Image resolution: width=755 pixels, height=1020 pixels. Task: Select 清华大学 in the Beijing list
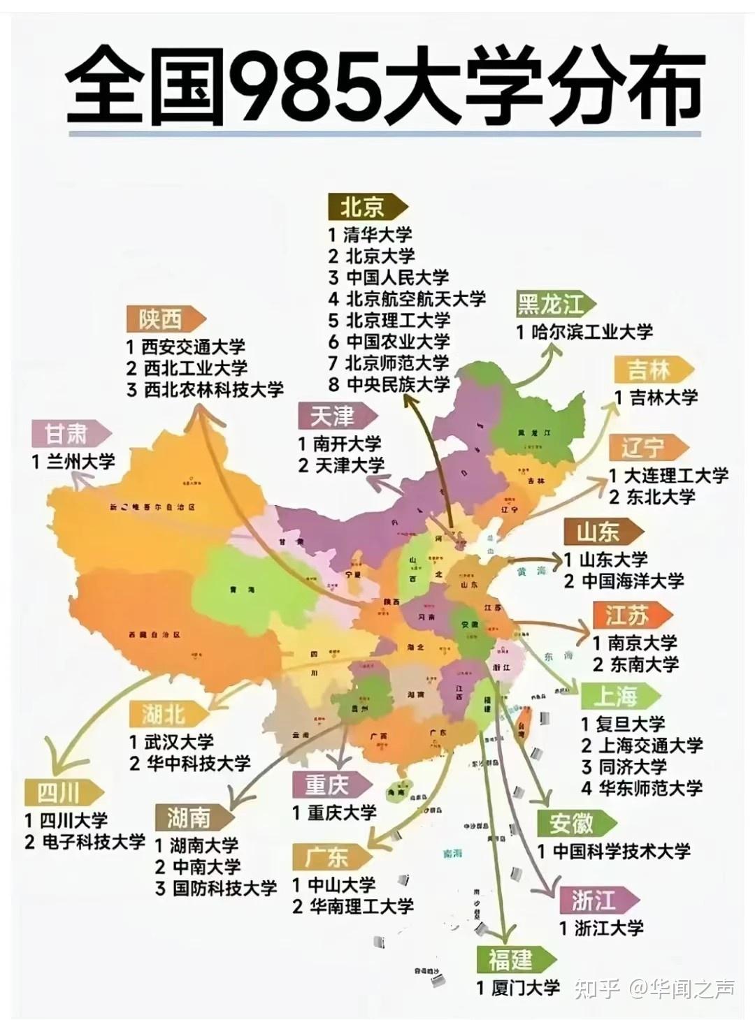click(377, 234)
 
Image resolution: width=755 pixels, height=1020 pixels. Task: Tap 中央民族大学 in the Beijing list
click(398, 384)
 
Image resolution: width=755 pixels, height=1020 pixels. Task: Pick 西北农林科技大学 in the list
click(213, 389)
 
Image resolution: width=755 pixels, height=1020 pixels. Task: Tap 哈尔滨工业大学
click(592, 332)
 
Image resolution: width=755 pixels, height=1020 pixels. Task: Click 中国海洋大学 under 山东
click(633, 581)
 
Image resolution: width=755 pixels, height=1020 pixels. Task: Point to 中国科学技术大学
click(621, 851)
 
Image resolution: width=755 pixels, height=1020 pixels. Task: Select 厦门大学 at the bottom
click(526, 988)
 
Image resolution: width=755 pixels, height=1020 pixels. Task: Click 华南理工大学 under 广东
click(362, 906)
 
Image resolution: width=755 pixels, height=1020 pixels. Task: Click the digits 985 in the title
click(305, 87)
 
